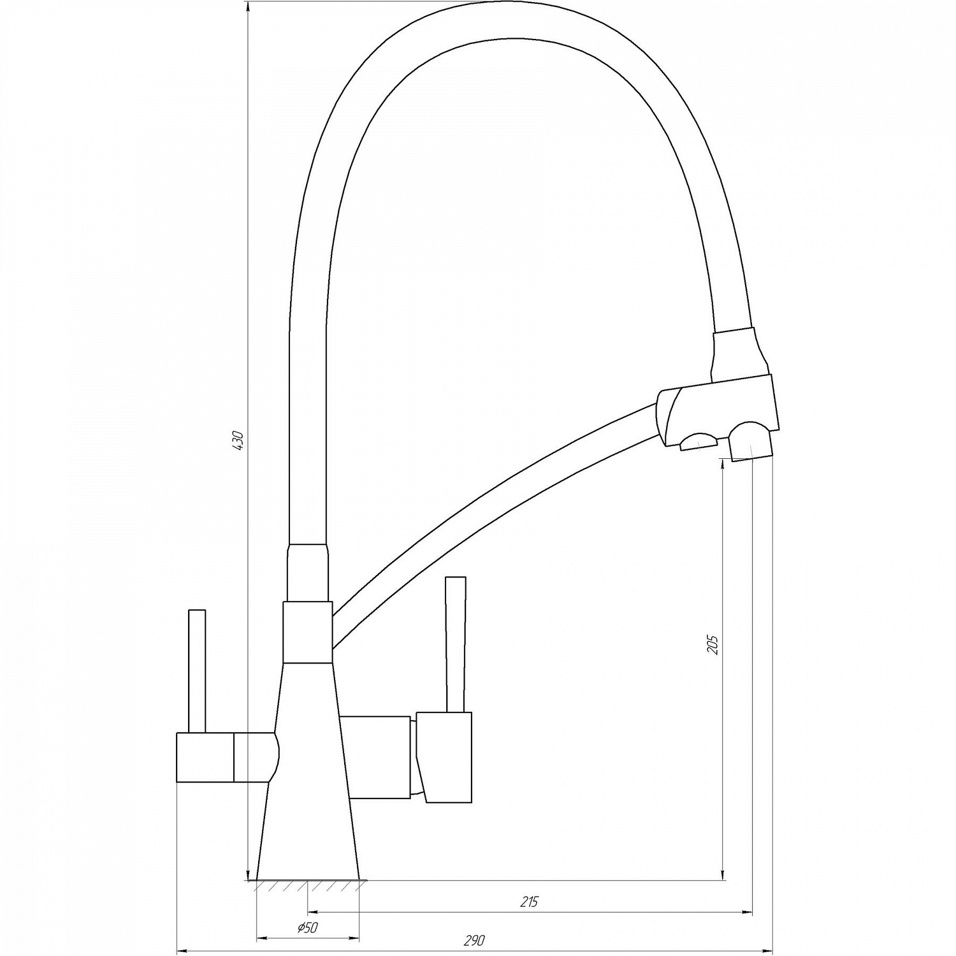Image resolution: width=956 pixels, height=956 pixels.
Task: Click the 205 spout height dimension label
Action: (x=713, y=645)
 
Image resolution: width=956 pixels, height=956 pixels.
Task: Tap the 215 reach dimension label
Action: (x=529, y=901)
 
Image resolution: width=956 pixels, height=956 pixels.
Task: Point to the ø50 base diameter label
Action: (x=307, y=928)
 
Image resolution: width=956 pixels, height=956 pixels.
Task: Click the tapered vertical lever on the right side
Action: (x=456, y=644)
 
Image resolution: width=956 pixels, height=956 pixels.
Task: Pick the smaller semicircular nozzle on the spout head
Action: (x=699, y=442)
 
